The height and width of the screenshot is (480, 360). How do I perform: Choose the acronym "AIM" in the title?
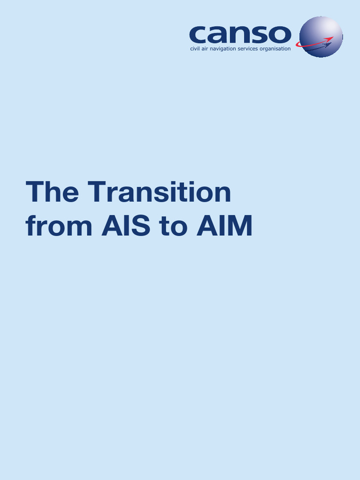point(224,226)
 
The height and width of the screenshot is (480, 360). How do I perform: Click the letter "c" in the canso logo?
point(198,34)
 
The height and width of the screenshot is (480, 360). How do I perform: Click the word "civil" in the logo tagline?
point(195,49)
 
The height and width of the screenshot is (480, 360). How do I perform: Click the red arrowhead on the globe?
point(330,39)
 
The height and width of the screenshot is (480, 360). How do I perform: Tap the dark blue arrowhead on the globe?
point(328,45)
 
